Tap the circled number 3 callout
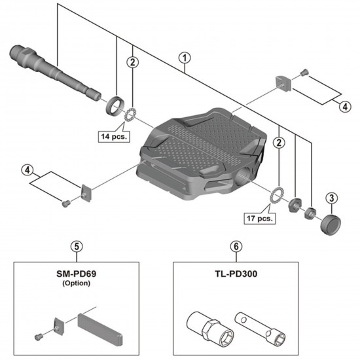pyautogui.click(x=332, y=198)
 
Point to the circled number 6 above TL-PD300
pyautogui.click(x=234, y=246)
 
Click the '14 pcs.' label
pyautogui.click(x=115, y=137)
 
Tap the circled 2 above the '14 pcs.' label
pyautogui.click(x=134, y=63)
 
